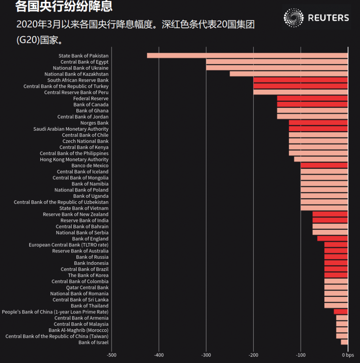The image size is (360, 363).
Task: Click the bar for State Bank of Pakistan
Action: [x=247, y=56]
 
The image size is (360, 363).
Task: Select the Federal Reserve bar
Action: [x=312, y=98]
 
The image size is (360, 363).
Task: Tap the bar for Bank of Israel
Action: [x=344, y=342]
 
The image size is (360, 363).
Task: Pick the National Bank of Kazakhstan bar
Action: [x=289, y=74]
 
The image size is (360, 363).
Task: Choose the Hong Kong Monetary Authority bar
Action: [x=321, y=159]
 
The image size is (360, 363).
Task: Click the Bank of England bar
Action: [x=332, y=239]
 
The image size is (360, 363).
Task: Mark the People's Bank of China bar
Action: [x=341, y=311]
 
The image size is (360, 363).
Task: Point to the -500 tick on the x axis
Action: [x=112, y=355]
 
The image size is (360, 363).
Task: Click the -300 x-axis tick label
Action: [x=206, y=355]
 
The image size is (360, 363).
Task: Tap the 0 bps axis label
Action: [x=348, y=355]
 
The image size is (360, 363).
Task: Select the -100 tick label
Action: [x=301, y=355]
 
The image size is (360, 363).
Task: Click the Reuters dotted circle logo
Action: [x=294, y=18]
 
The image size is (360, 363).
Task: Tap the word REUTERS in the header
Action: [x=328, y=18]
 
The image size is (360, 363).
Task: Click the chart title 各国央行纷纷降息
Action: [x=64, y=6]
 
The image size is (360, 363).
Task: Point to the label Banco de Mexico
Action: [x=90, y=165]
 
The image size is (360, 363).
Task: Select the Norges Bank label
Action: [x=94, y=123]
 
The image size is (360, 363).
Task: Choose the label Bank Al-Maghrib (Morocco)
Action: [x=78, y=330]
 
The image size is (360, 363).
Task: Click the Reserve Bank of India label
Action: [x=84, y=220]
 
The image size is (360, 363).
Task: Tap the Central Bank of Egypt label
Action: [x=84, y=62]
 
